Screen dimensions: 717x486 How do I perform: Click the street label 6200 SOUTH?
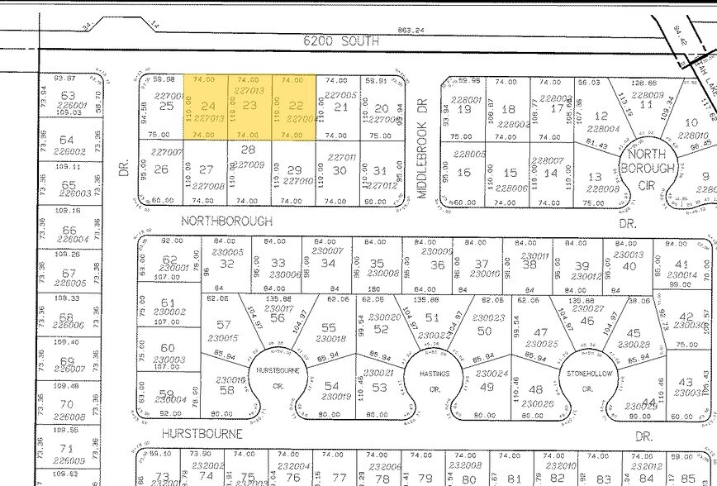pyautogui.click(x=341, y=40)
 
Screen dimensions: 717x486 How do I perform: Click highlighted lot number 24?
pyautogui.click(x=207, y=106)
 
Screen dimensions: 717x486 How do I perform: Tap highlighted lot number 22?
pyautogui.click(x=294, y=106)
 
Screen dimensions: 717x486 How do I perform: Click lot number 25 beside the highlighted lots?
pyautogui.click(x=166, y=106)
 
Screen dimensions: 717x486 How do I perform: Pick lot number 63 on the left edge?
pyautogui.click(x=69, y=96)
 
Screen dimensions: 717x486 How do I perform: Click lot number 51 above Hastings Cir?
pyautogui.click(x=431, y=317)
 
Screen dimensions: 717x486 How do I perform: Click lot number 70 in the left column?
pyautogui.click(x=69, y=405)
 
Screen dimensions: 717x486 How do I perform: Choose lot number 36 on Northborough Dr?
pyautogui.click(x=438, y=264)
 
